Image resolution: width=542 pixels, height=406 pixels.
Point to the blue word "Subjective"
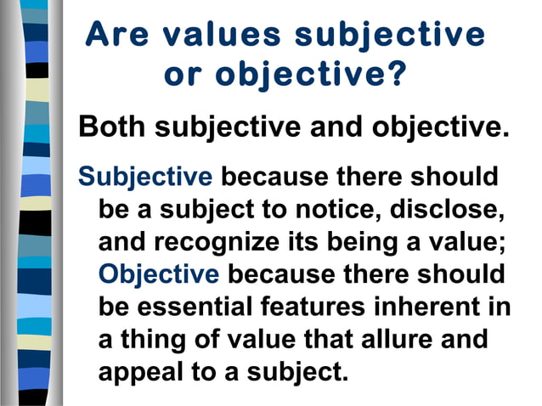pyautogui.click(x=144, y=178)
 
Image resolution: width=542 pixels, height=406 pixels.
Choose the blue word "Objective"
pyautogui.click(x=159, y=275)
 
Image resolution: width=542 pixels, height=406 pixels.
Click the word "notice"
pyautogui.click(x=342, y=211)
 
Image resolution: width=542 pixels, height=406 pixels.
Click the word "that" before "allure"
pyautogui.click(x=319, y=340)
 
